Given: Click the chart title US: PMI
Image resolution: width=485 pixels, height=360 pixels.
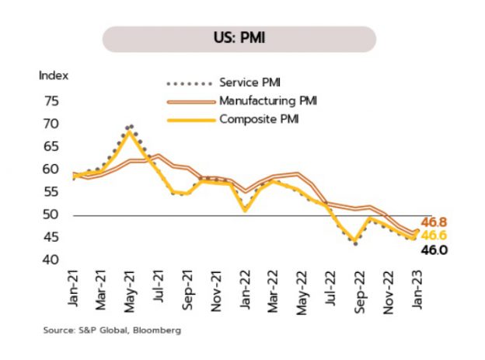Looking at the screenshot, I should click(239, 38).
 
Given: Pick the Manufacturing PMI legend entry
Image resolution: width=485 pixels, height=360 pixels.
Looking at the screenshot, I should click(267, 101).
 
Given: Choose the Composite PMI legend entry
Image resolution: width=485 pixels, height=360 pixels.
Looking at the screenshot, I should click(259, 120).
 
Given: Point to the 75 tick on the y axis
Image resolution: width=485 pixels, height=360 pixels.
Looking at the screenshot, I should click(52, 102).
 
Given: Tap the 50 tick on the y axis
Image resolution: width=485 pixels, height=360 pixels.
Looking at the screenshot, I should click(52, 215).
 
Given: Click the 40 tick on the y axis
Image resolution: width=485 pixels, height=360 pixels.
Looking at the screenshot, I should click(52, 260).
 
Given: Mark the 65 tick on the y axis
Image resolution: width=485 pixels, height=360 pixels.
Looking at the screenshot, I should click(52, 147).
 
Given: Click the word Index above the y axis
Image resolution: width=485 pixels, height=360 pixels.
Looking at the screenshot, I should click(54, 76).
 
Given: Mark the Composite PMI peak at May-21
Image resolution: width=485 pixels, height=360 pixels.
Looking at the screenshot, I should click(129, 133).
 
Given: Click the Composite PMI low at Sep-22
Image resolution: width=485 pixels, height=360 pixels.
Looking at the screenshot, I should click(354, 240).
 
